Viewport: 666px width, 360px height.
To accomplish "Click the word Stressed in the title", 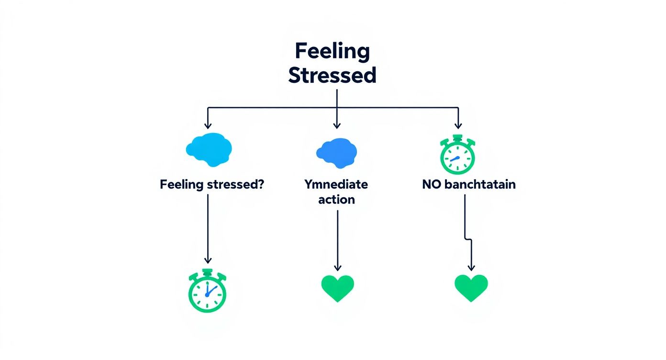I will coord(332,76).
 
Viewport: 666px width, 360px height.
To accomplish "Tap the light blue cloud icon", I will coord(209,149).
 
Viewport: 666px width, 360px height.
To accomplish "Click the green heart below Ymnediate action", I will coord(337,288).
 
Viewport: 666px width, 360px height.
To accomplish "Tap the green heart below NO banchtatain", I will coord(471,288).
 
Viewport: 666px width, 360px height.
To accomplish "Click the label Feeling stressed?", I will coord(212,184).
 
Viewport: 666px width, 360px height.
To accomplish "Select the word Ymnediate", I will coord(336,184).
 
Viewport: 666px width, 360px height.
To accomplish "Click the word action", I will coord(337,199).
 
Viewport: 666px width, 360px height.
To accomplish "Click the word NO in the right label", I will coord(432,184).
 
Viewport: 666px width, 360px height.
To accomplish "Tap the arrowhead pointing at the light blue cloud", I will coord(208,125).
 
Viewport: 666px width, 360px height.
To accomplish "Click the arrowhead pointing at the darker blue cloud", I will coord(337,125).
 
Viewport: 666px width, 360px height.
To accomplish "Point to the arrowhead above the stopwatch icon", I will coord(458,125).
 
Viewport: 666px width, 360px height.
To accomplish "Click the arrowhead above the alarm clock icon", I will coord(208,260).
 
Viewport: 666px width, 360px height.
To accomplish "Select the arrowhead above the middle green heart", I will coord(337,268).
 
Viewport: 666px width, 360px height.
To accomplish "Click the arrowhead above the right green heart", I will coord(471,268).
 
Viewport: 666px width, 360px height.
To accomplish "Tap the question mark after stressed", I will coord(259,184).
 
